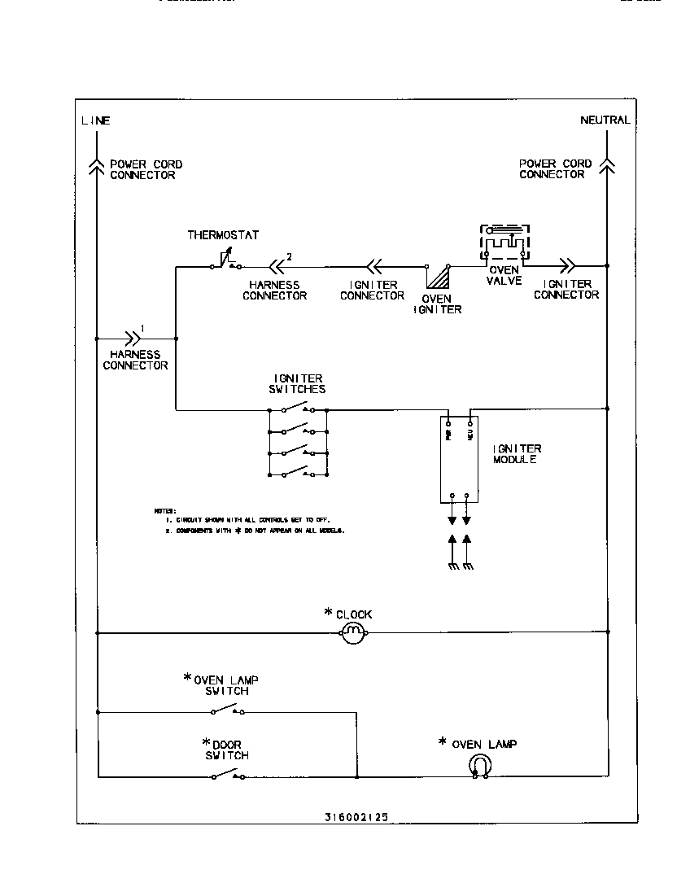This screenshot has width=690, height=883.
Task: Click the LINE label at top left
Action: tap(95, 120)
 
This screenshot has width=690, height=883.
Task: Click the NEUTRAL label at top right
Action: tap(605, 120)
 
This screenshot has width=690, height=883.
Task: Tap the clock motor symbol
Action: tap(352, 632)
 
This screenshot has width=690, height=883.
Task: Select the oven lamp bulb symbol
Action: tap(480, 765)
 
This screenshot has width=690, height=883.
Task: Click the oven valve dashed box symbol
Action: tap(504, 243)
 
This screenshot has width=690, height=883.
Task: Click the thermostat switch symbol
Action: tap(225, 262)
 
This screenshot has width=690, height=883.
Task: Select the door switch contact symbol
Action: tap(227, 776)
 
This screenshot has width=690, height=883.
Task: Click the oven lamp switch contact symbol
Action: tap(227, 711)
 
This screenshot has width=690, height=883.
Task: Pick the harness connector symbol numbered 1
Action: tap(131, 337)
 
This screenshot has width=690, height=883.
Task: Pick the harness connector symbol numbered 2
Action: tap(277, 265)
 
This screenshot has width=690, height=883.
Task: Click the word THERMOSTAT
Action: tap(223, 235)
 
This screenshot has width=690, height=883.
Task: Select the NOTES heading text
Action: tap(165, 510)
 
